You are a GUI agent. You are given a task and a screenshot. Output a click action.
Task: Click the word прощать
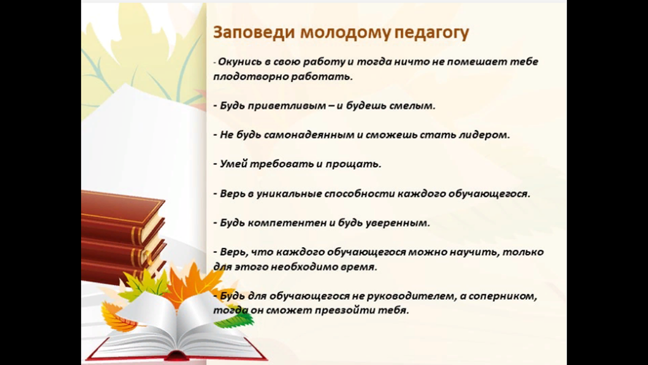pyautogui.click(x=353, y=164)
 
